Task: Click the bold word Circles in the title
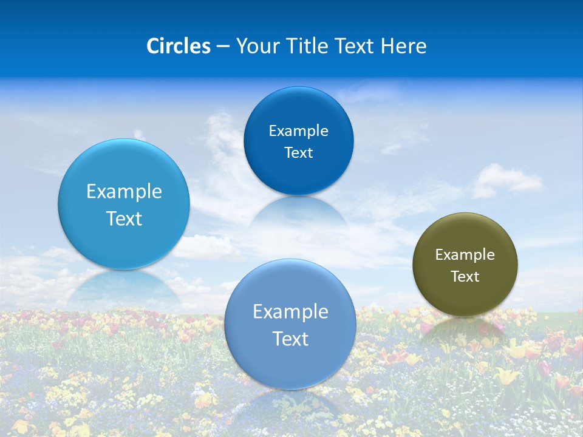click(x=178, y=46)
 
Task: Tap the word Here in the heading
click(x=403, y=46)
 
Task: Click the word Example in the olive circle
click(x=465, y=255)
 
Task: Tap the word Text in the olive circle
click(x=465, y=277)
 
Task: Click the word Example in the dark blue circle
click(x=298, y=131)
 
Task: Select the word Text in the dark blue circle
click(x=298, y=153)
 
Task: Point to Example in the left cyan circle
click(x=124, y=192)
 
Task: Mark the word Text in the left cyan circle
click(x=124, y=219)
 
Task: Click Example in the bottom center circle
click(x=290, y=312)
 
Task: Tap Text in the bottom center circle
click(x=290, y=339)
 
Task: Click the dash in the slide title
click(x=223, y=46)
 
